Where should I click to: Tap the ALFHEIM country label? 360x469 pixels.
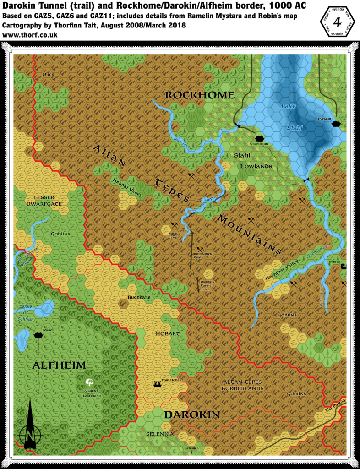[59, 365]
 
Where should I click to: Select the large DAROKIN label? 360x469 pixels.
[192, 414]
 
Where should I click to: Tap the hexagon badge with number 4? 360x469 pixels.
[339, 22]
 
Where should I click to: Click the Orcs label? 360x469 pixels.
[48, 74]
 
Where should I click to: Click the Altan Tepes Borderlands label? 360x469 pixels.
[242, 385]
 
